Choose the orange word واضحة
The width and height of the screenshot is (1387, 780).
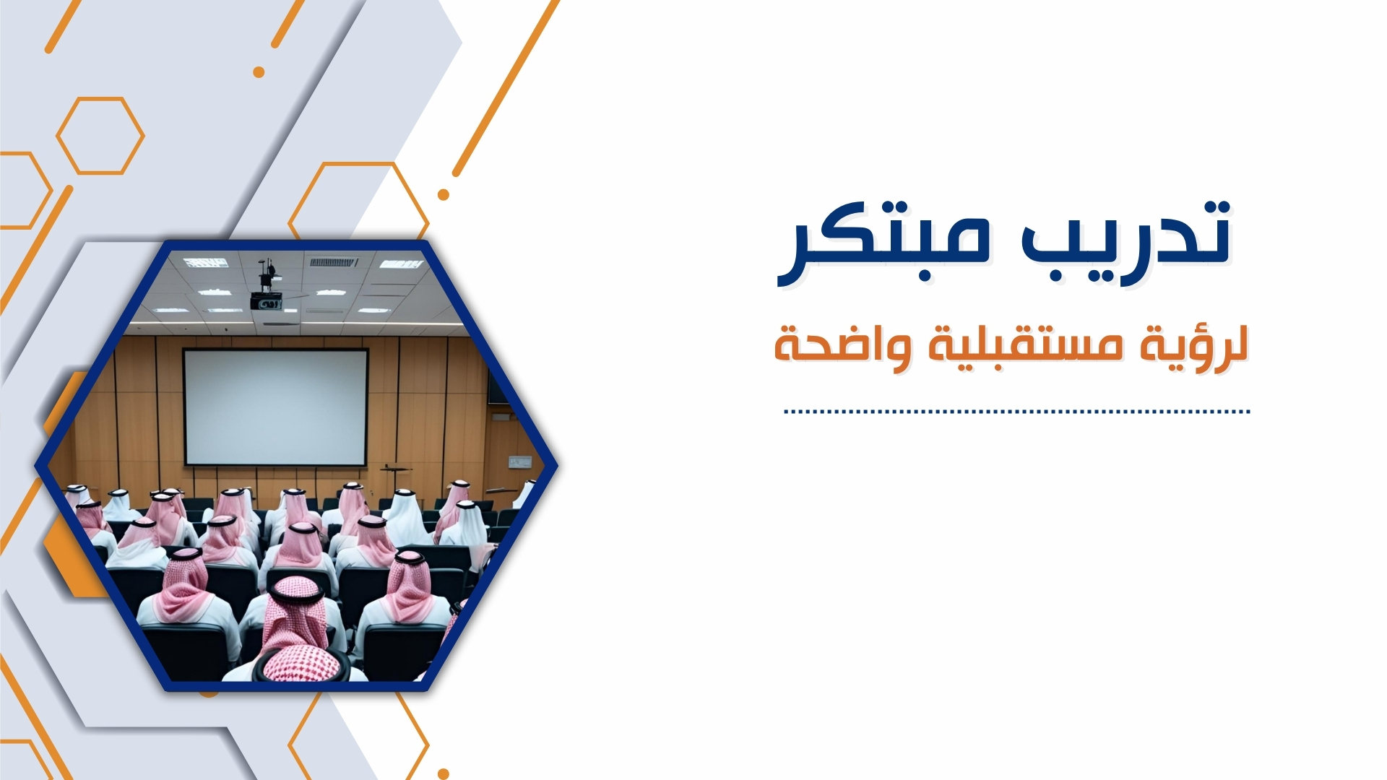[x=838, y=345]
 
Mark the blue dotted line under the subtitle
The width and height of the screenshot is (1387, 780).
[x=1017, y=412]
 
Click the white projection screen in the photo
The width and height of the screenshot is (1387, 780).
[x=276, y=407]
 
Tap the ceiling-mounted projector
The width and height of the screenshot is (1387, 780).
[x=266, y=299]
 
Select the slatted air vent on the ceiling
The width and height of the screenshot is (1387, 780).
[x=333, y=262]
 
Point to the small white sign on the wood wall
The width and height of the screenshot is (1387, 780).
[x=519, y=461]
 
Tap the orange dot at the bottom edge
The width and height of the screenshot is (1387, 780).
[x=444, y=774]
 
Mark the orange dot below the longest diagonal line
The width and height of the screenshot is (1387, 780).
[x=444, y=194]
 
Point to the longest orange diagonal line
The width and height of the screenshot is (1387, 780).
[x=506, y=88]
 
